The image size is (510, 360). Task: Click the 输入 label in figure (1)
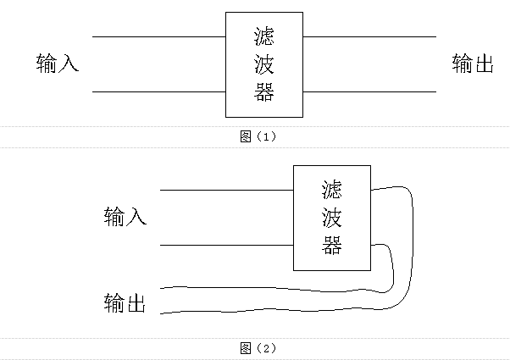58,64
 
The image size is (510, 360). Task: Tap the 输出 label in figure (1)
473,64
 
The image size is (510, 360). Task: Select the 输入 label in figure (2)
125,217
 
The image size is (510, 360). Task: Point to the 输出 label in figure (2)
125,302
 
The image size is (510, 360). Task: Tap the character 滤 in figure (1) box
264,36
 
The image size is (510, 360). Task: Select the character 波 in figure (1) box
264,64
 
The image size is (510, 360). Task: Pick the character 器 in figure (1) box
264,91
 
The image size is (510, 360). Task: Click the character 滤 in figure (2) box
332,189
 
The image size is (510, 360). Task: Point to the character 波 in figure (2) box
332,217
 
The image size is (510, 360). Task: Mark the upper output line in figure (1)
369,37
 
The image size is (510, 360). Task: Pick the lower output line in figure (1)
369,91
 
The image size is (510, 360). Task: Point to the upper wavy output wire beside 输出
254,286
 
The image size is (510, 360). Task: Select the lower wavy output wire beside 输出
254,311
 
